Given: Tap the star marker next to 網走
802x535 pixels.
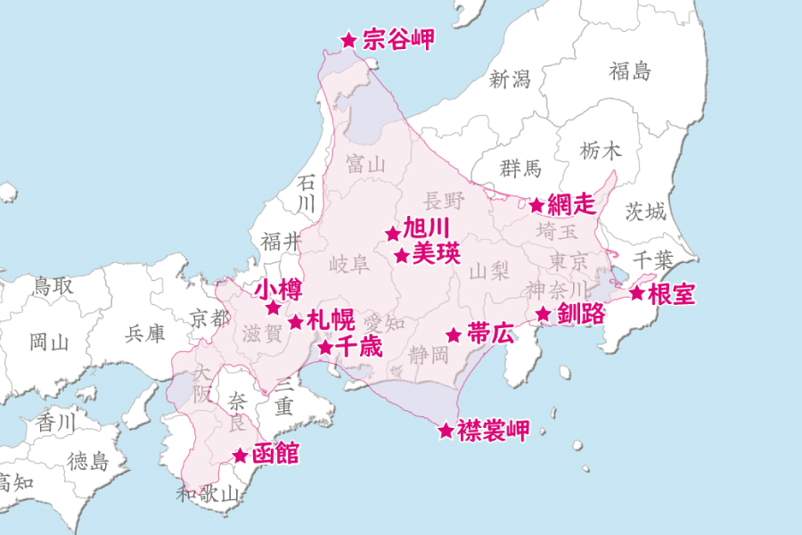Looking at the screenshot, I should pos(536,205).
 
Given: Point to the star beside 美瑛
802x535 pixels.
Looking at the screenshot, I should pos(402,256).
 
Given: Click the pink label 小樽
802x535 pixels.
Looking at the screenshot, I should pos(278,290).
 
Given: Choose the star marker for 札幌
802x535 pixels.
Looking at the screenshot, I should pos(296,322).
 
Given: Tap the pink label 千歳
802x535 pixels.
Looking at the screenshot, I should pos(358,346).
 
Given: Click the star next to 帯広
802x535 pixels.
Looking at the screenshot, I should pos(454,335).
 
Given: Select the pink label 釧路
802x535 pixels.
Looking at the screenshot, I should pos(581,313).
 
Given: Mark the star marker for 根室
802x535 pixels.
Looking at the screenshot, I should pos(637,293).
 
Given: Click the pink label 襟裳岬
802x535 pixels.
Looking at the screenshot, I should pos(493,432).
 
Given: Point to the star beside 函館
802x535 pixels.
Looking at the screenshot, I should pos(240,456).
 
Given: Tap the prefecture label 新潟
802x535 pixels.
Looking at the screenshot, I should pos(510,78).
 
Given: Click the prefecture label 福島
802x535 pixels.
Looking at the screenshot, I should pos(630,71).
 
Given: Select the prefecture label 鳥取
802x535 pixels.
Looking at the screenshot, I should pos(53,286).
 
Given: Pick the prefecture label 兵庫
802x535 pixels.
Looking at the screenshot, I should pos(144,333).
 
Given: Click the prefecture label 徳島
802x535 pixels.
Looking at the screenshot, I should pos(87,461).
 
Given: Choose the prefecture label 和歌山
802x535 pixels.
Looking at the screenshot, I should pos(208,492).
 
